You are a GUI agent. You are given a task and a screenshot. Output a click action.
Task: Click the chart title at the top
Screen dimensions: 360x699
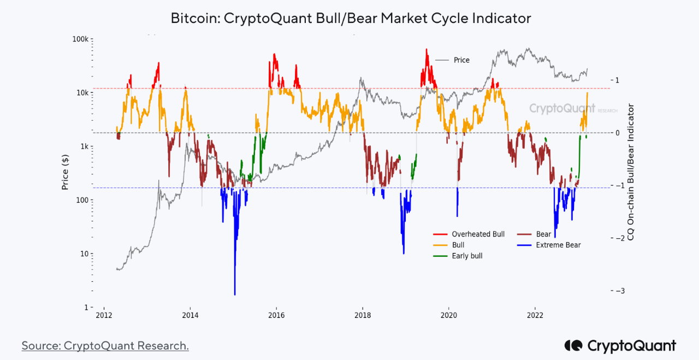[x=351, y=18]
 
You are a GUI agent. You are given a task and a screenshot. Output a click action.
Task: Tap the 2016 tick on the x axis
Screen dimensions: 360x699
[x=276, y=315]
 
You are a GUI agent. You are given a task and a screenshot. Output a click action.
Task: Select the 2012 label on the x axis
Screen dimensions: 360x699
[x=104, y=315]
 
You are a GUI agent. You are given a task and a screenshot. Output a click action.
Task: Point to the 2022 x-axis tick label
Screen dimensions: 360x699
[x=535, y=315]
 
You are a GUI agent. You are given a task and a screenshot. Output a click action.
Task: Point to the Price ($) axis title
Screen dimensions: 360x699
[x=65, y=172]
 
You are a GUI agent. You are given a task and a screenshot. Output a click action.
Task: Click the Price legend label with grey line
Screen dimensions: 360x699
[x=461, y=60]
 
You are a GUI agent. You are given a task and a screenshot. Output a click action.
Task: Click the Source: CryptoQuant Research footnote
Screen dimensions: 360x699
[x=105, y=346]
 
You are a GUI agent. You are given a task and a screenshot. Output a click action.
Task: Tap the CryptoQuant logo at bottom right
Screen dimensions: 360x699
[x=620, y=346]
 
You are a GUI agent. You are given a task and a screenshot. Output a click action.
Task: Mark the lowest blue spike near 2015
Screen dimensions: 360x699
[x=235, y=294]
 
